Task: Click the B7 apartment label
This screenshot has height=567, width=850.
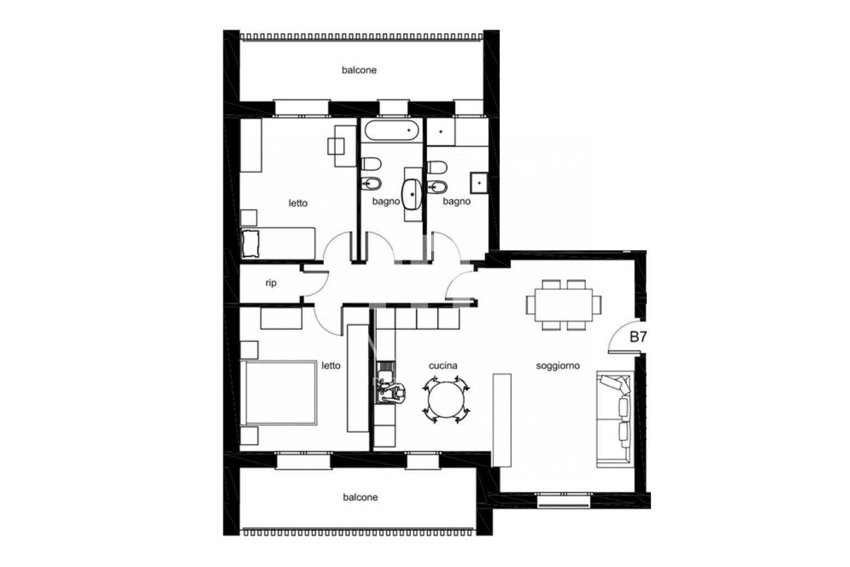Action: (638, 337)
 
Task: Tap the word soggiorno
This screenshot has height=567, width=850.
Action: (558, 365)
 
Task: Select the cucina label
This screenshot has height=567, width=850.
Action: (443, 365)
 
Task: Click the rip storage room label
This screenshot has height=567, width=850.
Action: (271, 283)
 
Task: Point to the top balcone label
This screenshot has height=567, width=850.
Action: (359, 70)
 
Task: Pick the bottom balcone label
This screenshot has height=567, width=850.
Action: (360, 497)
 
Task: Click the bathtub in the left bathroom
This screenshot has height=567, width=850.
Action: (392, 131)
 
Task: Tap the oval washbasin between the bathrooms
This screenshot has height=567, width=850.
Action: (412, 194)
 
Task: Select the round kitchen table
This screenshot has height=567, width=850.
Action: (446, 400)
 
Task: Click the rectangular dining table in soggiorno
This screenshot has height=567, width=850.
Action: (563, 305)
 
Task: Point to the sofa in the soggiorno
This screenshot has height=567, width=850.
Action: (614, 419)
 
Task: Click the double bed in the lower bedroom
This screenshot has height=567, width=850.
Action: (279, 393)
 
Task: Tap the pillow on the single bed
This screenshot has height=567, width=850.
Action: (250, 243)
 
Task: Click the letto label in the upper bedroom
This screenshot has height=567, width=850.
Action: (298, 203)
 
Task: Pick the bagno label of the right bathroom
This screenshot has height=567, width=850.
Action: (457, 202)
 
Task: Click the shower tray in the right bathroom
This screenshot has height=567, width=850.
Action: (440, 132)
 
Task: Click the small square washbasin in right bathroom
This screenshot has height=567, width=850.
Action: (479, 183)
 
